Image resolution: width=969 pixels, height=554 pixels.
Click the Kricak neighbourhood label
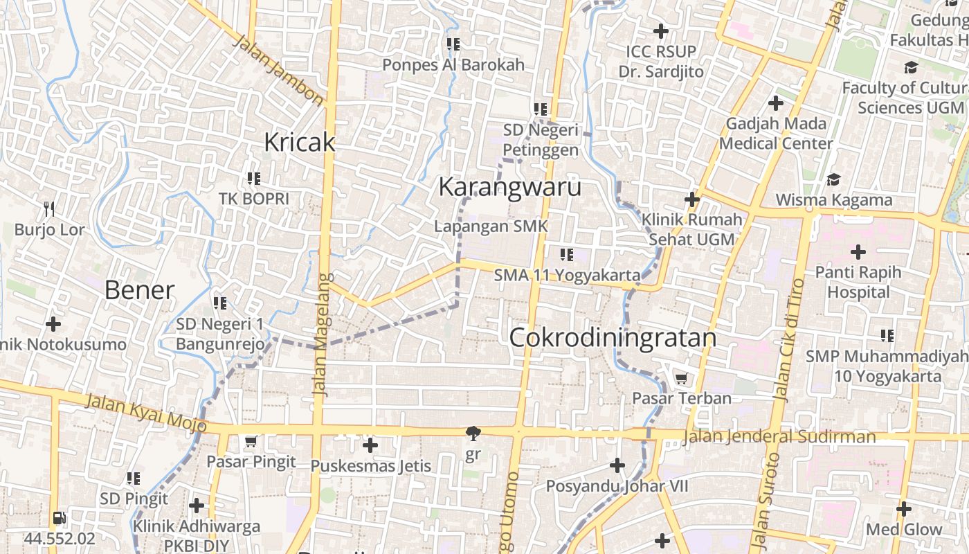[300, 143]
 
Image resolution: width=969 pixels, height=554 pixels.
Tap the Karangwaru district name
[510, 188]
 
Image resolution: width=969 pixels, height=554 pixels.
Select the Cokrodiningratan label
[613, 338]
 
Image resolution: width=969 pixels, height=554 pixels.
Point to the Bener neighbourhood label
[139, 290]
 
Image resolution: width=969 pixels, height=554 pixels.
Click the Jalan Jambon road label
[278, 71]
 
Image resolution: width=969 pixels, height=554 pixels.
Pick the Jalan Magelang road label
[320, 334]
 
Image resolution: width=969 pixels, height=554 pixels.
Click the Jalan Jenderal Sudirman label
[779, 437]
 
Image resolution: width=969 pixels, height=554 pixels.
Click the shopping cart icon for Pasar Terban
[681, 378]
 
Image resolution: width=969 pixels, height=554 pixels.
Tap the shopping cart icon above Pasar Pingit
[251, 441]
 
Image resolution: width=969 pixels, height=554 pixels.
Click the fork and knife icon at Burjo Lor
[49, 208]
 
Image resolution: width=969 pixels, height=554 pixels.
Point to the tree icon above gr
[473, 434]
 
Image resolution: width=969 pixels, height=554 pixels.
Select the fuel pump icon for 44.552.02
[59, 518]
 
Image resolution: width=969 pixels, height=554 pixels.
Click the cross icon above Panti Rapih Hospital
[858, 251]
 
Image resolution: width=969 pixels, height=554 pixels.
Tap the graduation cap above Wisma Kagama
[833, 179]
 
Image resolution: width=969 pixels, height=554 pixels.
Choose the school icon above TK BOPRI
[254, 178]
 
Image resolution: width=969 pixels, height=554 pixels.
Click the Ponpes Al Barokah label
[453, 65]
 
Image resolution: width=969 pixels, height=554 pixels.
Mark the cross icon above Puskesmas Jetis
[370, 445]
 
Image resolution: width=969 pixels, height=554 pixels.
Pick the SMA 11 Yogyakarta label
[567, 276]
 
